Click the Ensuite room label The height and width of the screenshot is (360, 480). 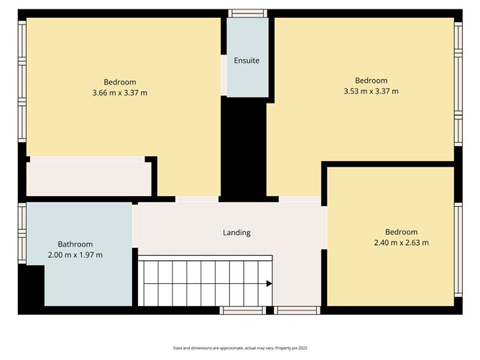pos(246,60)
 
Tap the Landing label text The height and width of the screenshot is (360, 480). pos(236,232)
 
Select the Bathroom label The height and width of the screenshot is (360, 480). pos(75,244)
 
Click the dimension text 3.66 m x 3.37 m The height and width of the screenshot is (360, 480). pos(120,93)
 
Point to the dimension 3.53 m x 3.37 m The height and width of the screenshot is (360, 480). pos(371,91)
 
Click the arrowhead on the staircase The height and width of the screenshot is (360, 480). pos(269,284)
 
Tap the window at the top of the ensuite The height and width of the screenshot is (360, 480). pos(247,13)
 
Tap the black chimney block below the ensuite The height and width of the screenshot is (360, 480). pos(244,147)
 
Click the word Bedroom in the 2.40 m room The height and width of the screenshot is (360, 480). pos(401,231)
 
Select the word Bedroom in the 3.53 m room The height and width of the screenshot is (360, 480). pos(371,80)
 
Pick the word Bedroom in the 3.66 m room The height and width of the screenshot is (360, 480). pos(120,82)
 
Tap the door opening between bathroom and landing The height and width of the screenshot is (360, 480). pos(135,226)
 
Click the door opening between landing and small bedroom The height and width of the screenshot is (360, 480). pos(324,227)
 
